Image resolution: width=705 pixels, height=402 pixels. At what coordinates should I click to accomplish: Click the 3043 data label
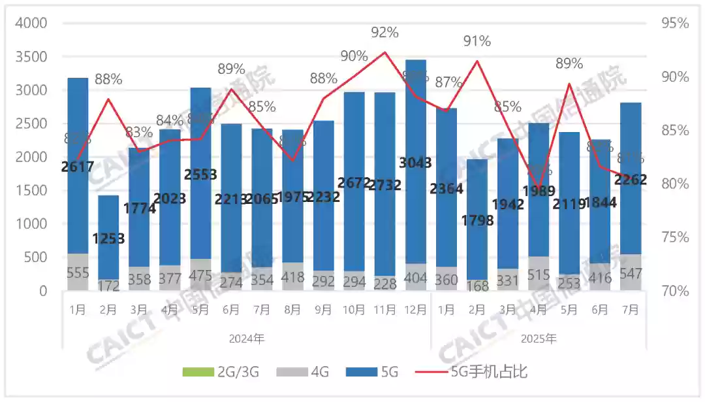415,163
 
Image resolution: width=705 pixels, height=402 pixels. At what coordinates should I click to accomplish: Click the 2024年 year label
246,339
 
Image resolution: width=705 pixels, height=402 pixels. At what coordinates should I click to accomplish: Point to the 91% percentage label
477,42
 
